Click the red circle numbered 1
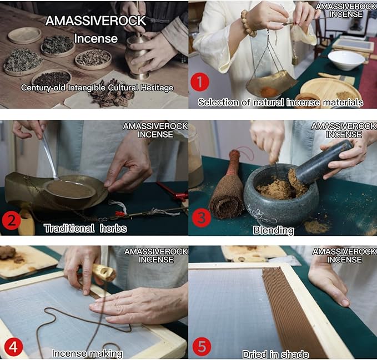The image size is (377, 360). (199, 83)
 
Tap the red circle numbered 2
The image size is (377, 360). (11, 220)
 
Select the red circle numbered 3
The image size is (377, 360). (202, 218)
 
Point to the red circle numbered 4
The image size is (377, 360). (14, 347)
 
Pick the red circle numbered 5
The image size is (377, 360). (202, 347)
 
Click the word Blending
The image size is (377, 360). (273, 231)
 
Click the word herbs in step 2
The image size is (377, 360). (113, 228)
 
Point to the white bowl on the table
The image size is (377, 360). (346, 60)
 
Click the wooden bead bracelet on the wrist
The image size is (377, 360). (248, 23)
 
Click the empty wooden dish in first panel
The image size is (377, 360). (24, 35)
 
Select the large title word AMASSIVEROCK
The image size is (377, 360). (95, 21)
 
